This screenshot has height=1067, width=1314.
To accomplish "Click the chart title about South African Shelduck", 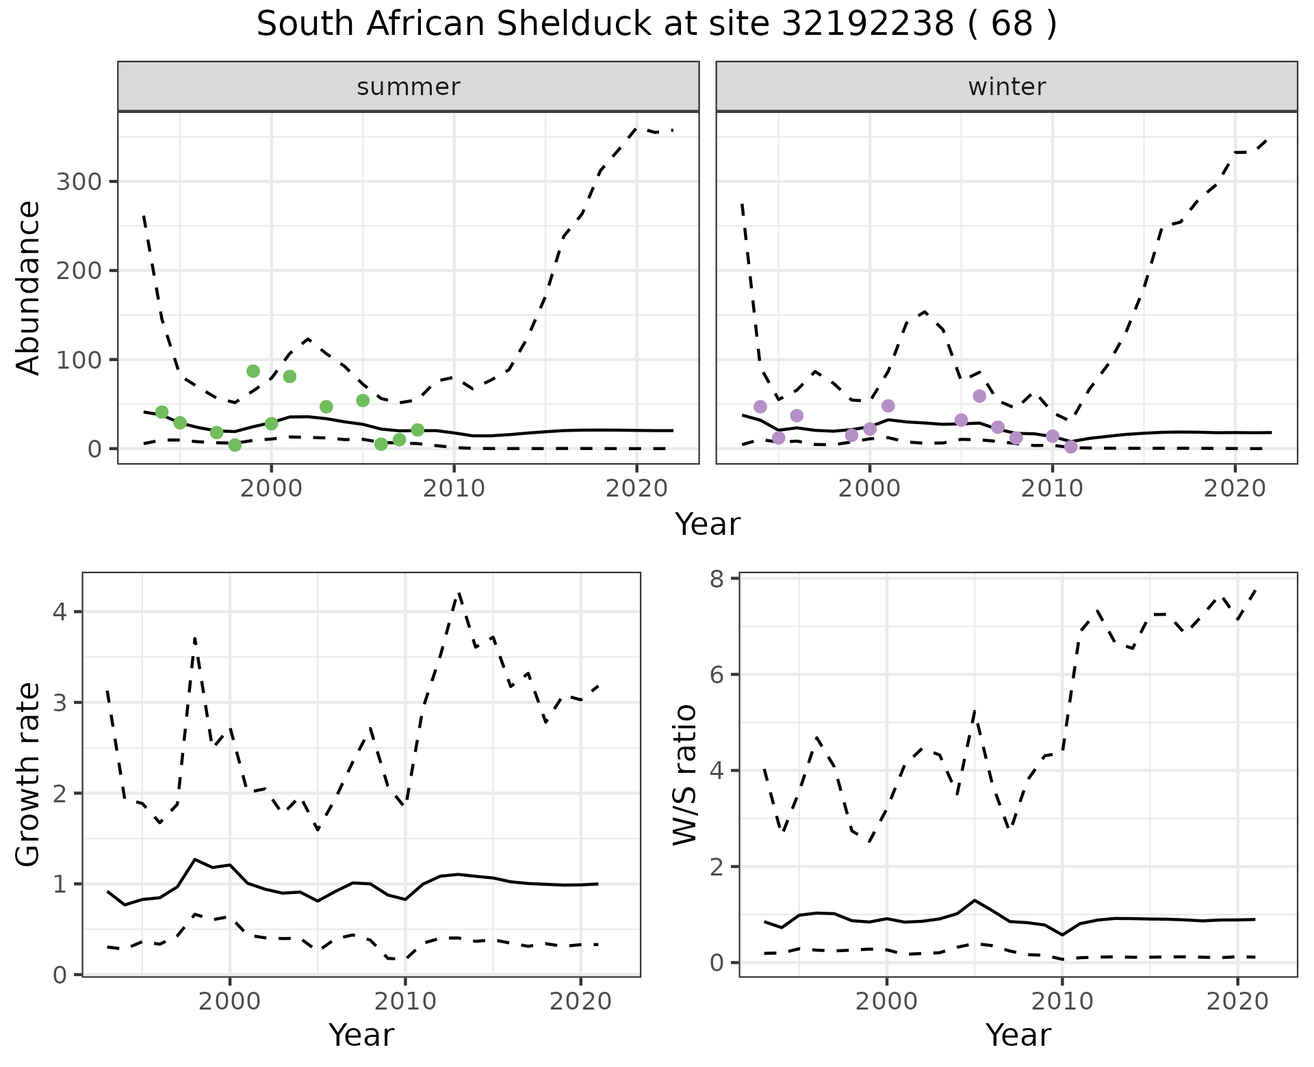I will (x=656, y=25).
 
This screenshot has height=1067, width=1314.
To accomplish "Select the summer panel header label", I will (x=409, y=87).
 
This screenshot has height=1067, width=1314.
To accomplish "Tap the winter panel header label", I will (x=1007, y=87).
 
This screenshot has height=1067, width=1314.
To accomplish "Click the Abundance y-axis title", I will (x=29, y=287).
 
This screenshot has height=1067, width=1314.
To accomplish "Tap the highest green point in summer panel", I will (x=253, y=371).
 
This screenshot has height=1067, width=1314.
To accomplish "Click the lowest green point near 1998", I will (x=235, y=445).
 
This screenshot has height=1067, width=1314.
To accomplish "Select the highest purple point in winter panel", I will (x=979, y=396).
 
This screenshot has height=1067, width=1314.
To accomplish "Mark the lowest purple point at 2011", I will (x=1071, y=447).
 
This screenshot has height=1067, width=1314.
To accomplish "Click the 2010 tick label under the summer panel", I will (x=454, y=489).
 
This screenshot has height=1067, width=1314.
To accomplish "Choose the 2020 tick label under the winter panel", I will (x=1235, y=489).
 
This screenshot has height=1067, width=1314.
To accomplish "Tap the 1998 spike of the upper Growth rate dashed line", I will (x=195, y=639).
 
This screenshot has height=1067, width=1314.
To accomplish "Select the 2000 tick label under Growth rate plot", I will (x=230, y=1002).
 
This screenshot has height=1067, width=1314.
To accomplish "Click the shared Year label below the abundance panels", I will (x=708, y=525).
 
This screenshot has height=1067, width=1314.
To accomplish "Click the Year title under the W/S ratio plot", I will (x=1018, y=1036).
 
